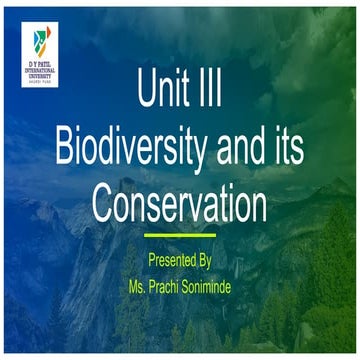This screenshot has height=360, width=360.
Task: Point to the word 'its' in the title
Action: click(287, 149)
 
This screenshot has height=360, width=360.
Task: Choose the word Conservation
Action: click(180, 203)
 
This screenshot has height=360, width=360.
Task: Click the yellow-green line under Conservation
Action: click(180, 236)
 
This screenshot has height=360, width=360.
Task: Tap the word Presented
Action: click(168, 259)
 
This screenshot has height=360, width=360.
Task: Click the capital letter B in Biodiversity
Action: click(62, 149)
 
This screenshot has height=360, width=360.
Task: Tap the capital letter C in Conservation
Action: click(104, 203)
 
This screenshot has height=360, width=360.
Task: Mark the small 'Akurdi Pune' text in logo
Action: click(39, 84)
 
